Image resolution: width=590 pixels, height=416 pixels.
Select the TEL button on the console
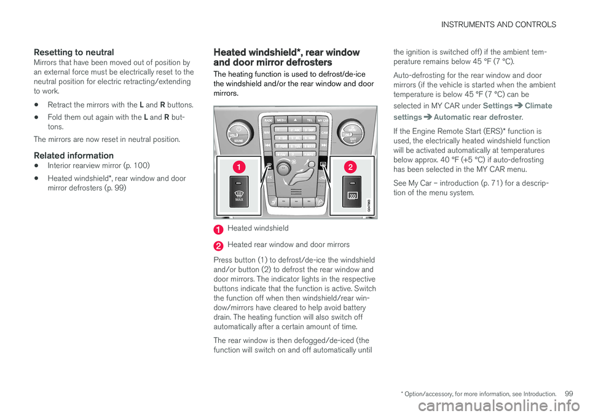pos(310,120)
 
